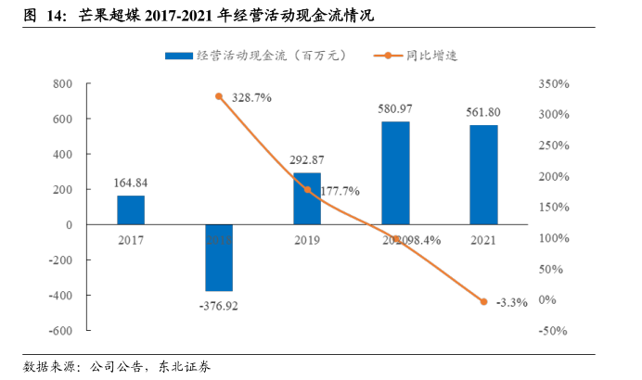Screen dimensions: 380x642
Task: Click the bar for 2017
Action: (131, 210)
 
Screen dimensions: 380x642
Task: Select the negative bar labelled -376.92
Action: (219, 258)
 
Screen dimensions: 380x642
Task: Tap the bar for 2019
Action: (307, 198)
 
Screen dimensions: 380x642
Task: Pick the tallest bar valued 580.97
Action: (395, 173)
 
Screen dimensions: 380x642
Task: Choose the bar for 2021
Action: (483, 175)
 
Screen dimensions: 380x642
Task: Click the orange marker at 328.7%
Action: (219, 96)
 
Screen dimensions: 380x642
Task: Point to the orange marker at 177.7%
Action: (307, 190)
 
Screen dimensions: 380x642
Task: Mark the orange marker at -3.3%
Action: (483, 301)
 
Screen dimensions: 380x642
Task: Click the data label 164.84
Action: (131, 183)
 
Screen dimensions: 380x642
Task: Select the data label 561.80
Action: (483, 111)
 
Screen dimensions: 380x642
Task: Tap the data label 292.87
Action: (307, 159)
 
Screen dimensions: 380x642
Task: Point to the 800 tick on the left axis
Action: (62, 83)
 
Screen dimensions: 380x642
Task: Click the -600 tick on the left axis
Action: (59, 331)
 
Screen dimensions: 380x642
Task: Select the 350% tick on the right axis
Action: (552, 83)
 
